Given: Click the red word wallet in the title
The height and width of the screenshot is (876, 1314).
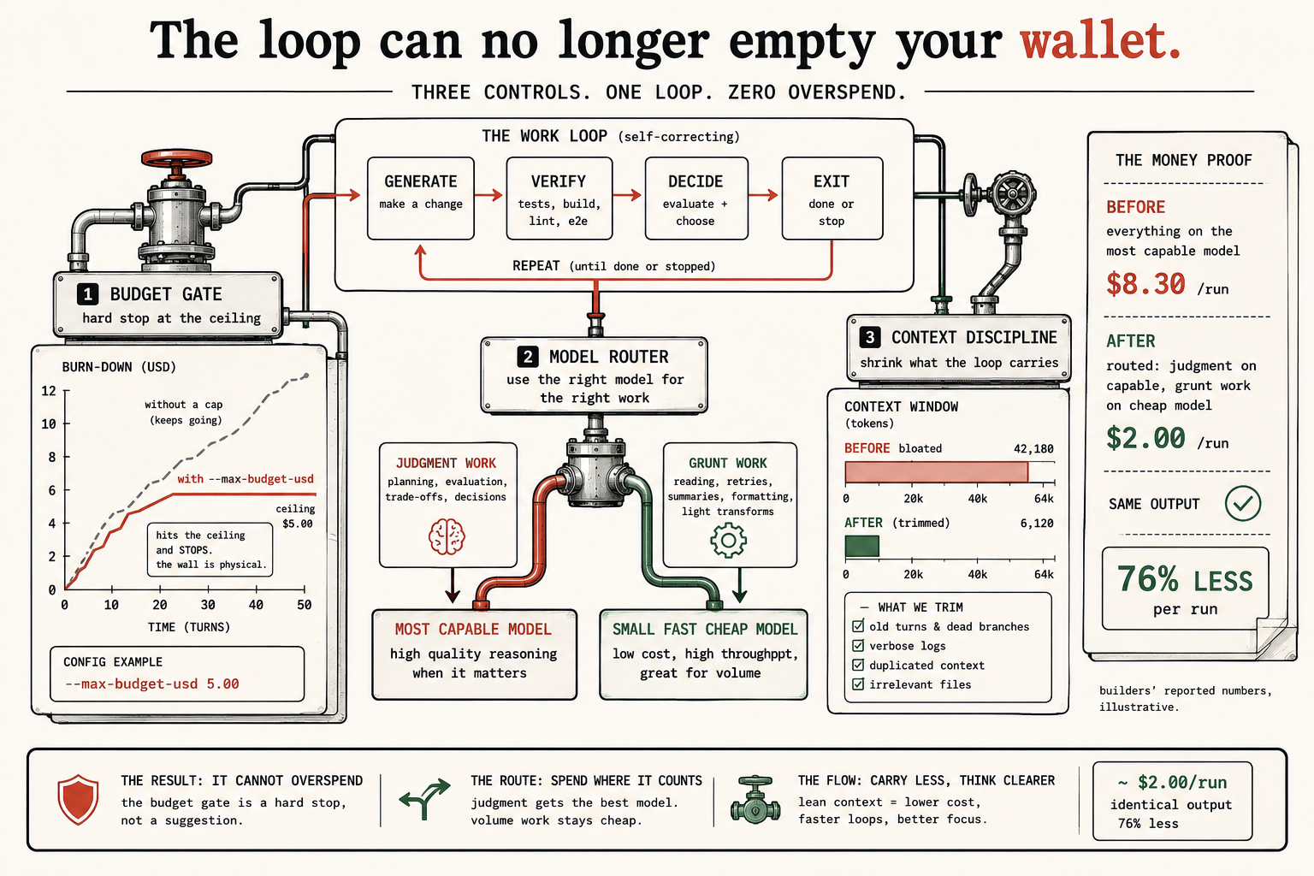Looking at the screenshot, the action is click(1100, 40).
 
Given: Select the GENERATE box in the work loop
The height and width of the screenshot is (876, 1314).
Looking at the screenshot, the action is click(421, 198).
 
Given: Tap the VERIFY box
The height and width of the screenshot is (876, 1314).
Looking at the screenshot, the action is click(559, 198).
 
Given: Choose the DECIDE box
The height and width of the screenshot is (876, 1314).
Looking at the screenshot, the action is click(696, 198).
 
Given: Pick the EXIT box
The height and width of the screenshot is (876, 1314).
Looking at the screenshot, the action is click(832, 198).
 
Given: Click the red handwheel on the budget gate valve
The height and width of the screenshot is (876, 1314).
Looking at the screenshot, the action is click(176, 157).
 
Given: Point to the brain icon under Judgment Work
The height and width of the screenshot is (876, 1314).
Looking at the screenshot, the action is click(447, 536).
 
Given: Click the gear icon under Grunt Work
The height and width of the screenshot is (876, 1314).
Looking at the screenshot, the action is click(728, 540).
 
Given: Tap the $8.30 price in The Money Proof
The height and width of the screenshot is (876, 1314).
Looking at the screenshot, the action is click(1145, 284).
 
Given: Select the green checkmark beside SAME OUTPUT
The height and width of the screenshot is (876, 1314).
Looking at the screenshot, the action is click(1242, 503).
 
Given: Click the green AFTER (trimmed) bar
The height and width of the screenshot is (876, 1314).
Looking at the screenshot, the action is click(861, 547).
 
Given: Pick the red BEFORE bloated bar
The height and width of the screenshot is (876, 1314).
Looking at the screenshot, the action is click(936, 472).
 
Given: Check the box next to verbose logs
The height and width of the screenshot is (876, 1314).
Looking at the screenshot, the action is click(858, 645).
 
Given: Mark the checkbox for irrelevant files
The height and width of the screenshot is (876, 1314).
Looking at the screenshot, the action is click(858, 684).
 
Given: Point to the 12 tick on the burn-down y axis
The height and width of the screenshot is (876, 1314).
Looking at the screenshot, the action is click(49, 391).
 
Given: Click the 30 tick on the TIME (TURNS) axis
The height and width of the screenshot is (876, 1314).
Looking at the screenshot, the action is click(208, 604).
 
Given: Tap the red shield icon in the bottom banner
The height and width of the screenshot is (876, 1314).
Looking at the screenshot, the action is click(78, 799).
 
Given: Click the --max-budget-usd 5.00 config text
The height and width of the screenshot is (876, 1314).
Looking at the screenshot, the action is click(152, 684).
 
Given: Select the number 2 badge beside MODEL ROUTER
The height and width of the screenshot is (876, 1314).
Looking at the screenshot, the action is click(527, 357).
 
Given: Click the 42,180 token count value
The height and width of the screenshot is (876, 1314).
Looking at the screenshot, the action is click(1033, 449).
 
